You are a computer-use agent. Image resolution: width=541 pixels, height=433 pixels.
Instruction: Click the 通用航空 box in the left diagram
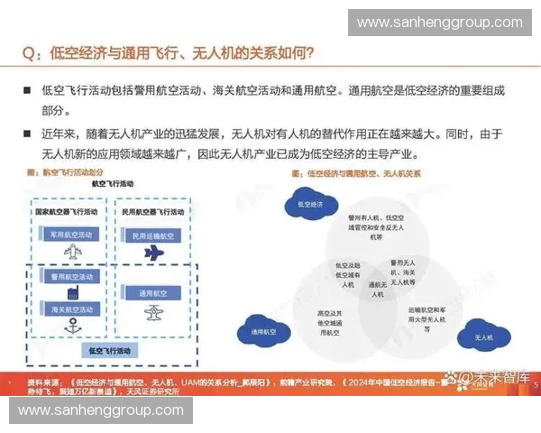(x=151, y=293)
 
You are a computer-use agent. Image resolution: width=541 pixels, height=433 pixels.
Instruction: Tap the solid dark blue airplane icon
(x=153, y=254)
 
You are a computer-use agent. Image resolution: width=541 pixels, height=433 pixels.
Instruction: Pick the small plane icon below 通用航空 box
(x=152, y=313)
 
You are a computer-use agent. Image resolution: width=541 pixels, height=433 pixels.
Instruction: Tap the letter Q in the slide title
(x=30, y=53)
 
